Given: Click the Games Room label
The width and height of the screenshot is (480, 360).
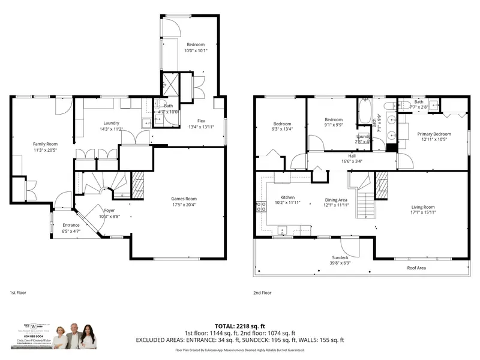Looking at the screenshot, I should (184, 199).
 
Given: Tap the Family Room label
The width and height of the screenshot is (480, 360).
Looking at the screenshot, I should (44, 144).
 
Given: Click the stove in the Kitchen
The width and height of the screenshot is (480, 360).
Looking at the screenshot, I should (262, 207).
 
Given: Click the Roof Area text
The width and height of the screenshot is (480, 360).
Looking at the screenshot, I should (416, 268).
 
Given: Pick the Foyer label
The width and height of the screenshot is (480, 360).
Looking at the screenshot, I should (109, 210).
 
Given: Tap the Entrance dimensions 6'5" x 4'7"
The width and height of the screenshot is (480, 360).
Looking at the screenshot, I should (71, 231).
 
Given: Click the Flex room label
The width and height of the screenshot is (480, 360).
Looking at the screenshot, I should (201, 120).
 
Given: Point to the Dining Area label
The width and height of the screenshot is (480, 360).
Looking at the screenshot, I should (336, 200).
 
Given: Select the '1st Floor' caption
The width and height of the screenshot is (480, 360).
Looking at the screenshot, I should (19, 292).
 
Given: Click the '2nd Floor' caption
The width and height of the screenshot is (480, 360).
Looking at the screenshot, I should (263, 292).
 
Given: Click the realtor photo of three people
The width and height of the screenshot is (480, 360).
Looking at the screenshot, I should (74, 340).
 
